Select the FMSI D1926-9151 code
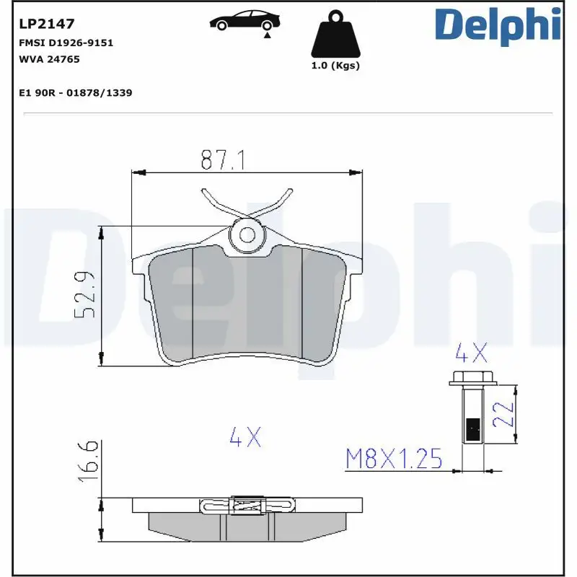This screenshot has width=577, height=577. click(x=65, y=43)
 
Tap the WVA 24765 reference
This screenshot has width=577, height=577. click(x=48, y=59)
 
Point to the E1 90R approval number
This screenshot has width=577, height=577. click(x=74, y=93)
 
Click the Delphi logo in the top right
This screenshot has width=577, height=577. click(x=498, y=25)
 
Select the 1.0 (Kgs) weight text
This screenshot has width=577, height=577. click(x=335, y=66)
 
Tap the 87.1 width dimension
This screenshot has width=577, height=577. click(x=222, y=160)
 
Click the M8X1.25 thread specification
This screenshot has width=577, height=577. click(x=394, y=458)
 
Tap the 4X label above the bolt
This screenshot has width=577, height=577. click(x=471, y=353)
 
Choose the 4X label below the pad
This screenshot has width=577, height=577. click(x=245, y=437)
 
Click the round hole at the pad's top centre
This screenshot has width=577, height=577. click(x=247, y=234)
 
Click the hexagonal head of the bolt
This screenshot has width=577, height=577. click(x=472, y=377)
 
